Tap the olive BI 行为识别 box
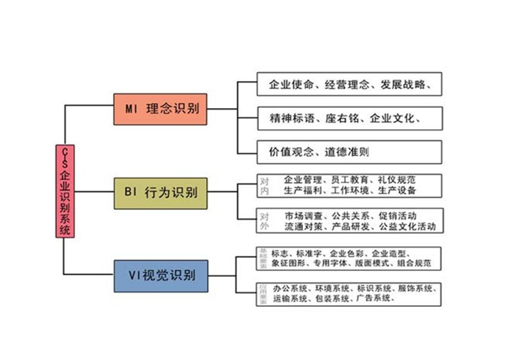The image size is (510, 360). tap(159, 192)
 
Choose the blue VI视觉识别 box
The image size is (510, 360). tap(159, 275)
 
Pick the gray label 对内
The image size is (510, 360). tap(264, 186)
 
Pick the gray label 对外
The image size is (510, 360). tap(264, 220)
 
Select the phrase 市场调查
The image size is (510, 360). tap(302, 214)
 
